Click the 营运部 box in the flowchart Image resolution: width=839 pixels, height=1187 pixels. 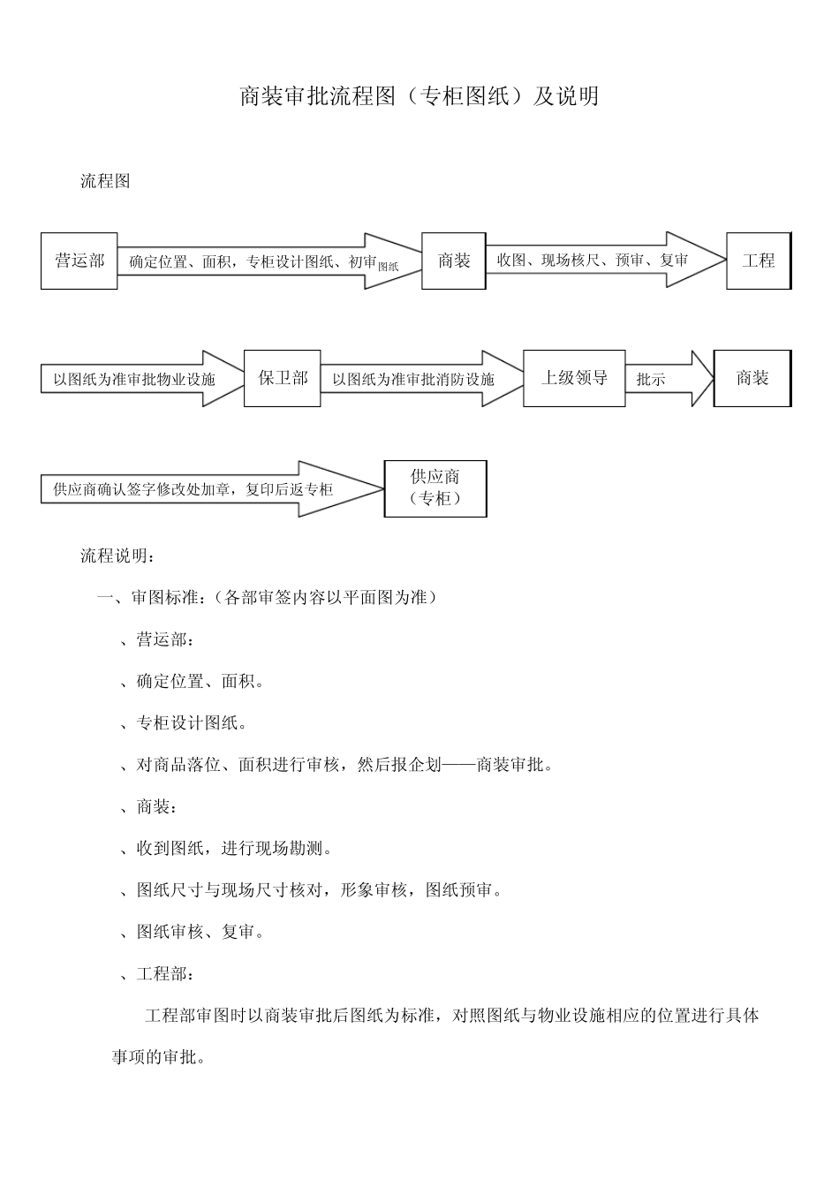click(79, 261)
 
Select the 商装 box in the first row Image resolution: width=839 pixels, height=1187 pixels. click(453, 261)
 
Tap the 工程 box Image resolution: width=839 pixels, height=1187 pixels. click(759, 261)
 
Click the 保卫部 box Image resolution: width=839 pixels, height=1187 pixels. click(283, 378)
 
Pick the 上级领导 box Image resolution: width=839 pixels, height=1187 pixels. click(574, 378)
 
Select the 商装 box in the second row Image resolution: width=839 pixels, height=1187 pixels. click(752, 378)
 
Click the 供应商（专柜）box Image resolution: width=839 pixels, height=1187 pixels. click(435, 488)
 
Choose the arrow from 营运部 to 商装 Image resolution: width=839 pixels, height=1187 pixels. click(265, 261)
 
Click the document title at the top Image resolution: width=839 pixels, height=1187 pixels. click(419, 96)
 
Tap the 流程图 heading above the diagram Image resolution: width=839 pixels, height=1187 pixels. click(105, 182)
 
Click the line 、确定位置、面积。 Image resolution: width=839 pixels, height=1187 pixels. click(192, 682)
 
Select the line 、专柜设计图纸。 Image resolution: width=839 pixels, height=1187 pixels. click(183, 723)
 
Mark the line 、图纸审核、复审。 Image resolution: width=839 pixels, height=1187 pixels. click(192, 932)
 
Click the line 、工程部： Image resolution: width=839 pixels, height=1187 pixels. click(157, 974)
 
